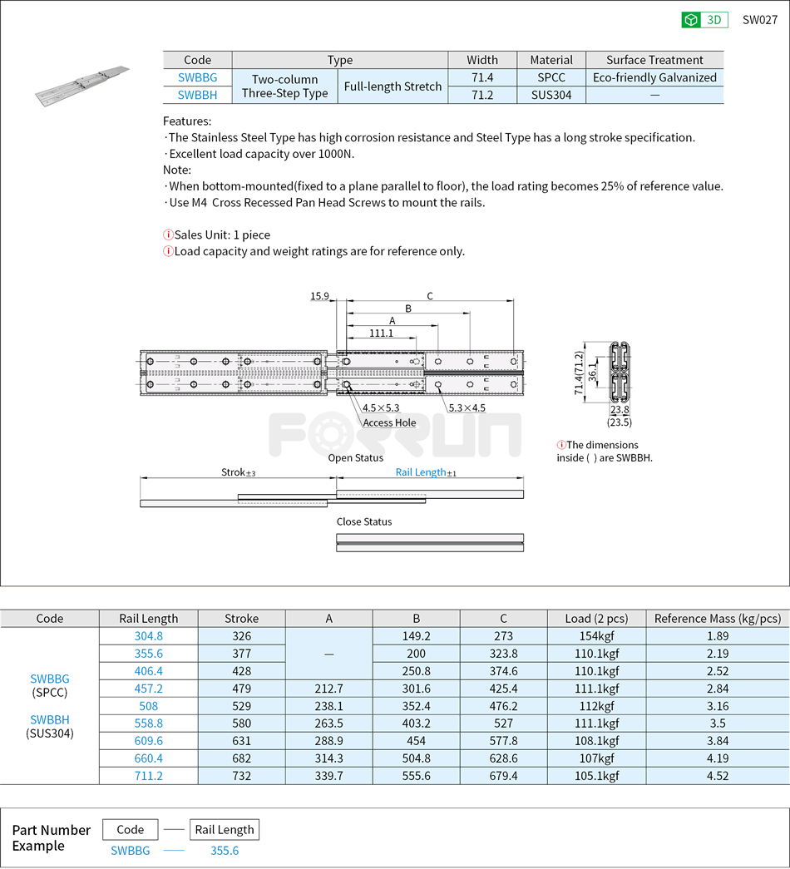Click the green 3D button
tap(704, 20)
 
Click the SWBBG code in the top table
tap(197, 77)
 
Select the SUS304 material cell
tap(551, 95)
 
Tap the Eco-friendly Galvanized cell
tap(654, 77)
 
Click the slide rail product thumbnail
tap(82, 86)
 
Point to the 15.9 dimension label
tap(319, 296)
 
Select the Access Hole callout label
tap(389, 422)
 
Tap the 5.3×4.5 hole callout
tap(467, 407)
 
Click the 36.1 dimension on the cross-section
tap(591, 372)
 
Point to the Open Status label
tap(355, 457)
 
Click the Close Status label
tap(363, 521)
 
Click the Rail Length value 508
tap(148, 706)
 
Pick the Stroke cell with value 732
tap(241, 775)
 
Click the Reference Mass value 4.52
tap(717, 775)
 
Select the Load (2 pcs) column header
tap(596, 618)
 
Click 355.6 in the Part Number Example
tap(225, 850)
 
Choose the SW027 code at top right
tap(759, 20)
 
